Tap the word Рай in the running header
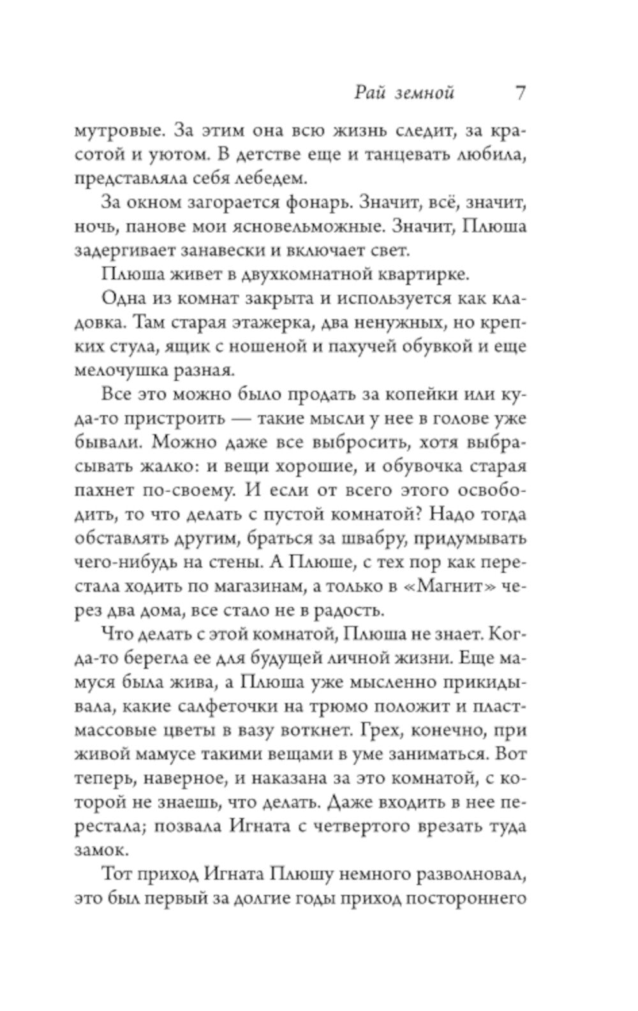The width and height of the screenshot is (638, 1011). (367, 93)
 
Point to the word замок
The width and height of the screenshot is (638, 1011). (101, 850)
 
